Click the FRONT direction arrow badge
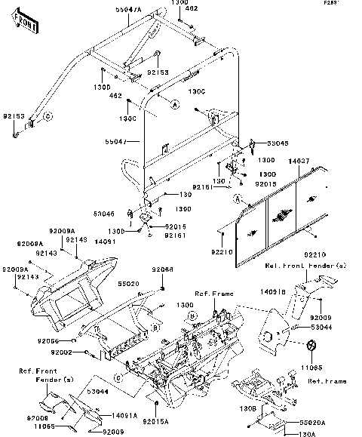click(x=25, y=25)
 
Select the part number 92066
click(x=162, y=269)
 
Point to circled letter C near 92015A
click(x=118, y=377)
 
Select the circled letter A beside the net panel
click(x=238, y=199)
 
